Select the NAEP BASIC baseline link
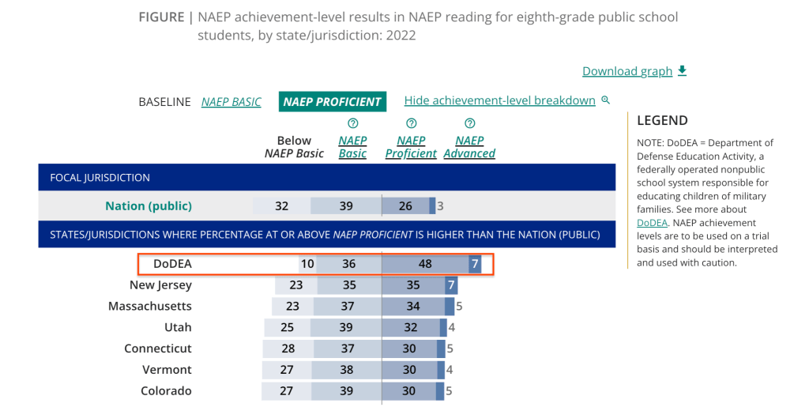pyautogui.click(x=231, y=102)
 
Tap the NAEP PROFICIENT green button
pyautogui.click(x=332, y=102)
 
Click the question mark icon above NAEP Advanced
pyautogui.click(x=469, y=123)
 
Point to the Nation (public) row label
pyautogui.click(x=149, y=206)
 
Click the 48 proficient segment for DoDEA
pyautogui.click(x=425, y=264)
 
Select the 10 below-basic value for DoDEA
pyautogui.click(x=307, y=264)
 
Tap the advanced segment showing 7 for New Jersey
pyautogui.click(x=451, y=285)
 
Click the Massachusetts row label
pyautogui.click(x=150, y=307)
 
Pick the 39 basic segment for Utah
pyautogui.click(x=345, y=327)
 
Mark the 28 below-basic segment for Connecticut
pyautogui.click(x=289, y=349)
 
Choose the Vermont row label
pyautogui.click(x=167, y=370)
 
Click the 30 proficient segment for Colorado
pyautogui.click(x=409, y=390)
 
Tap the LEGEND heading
pyautogui.click(x=662, y=121)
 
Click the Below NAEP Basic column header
pyautogui.click(x=294, y=147)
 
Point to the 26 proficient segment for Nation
pyautogui.click(x=405, y=206)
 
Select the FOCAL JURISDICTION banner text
pyautogui.click(x=100, y=178)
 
